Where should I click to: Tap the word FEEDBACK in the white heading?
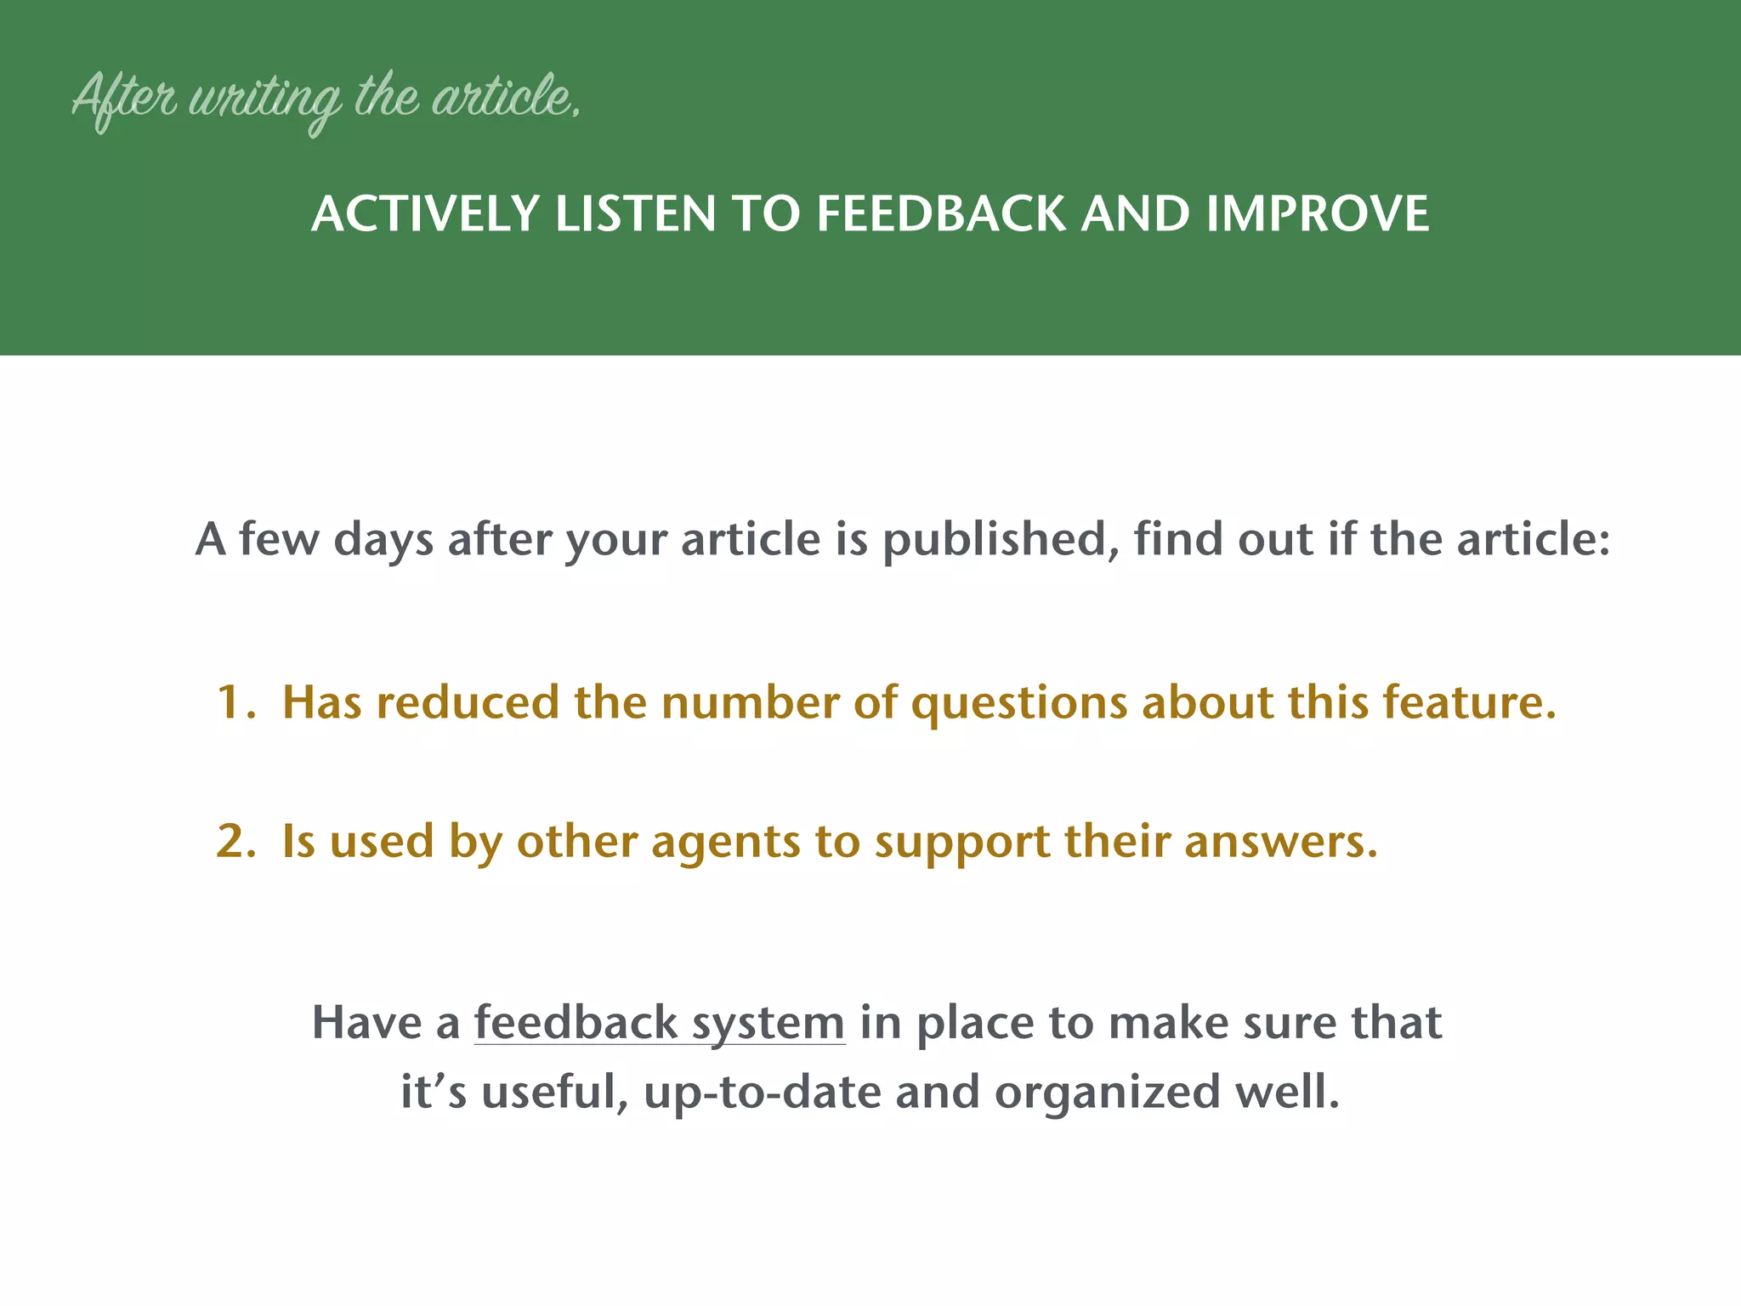(940, 213)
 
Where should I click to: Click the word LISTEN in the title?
(635, 213)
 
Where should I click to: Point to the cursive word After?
(124, 99)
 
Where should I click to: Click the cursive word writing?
(264, 100)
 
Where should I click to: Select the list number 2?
(234, 841)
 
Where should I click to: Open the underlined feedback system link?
(659, 1023)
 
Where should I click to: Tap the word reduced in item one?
(468, 702)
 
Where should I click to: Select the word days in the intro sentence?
(383, 541)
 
